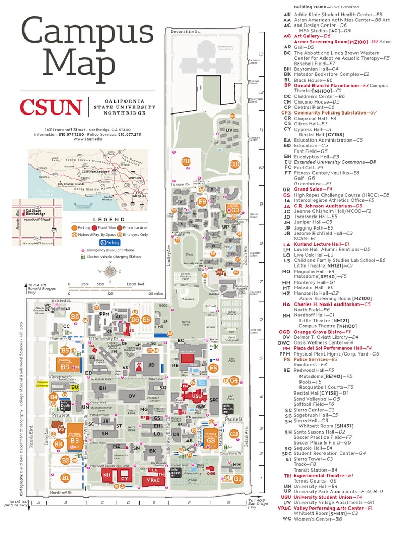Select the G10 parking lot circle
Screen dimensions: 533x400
click(234, 164)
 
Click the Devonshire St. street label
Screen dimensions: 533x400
click(182, 32)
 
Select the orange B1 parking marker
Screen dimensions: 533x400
click(66, 477)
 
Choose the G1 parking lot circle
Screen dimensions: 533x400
click(238, 478)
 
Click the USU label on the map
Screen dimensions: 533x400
click(197, 396)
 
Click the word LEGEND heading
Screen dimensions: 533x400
click(109, 220)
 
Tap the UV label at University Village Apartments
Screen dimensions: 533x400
click(229, 130)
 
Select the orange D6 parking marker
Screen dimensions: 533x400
click(135, 320)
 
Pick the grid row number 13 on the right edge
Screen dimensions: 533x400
click(261, 54)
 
